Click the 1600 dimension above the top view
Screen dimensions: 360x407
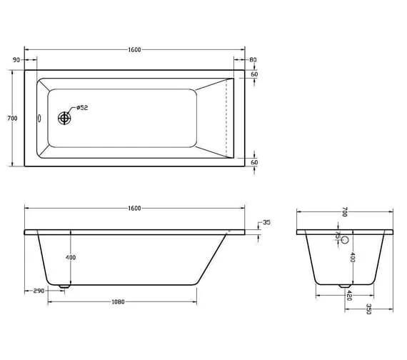134,49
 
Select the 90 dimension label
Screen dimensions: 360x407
16,60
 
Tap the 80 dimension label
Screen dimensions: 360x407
253,60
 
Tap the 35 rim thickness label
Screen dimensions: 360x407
266,223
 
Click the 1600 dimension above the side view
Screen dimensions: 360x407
134,208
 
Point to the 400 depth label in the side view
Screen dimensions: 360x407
71,257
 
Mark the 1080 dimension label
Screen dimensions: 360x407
119,302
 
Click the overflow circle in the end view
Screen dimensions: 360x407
345,241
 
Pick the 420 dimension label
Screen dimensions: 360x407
349,295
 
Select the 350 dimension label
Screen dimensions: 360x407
368,309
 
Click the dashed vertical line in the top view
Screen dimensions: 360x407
227,118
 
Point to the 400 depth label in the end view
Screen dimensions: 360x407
352,257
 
